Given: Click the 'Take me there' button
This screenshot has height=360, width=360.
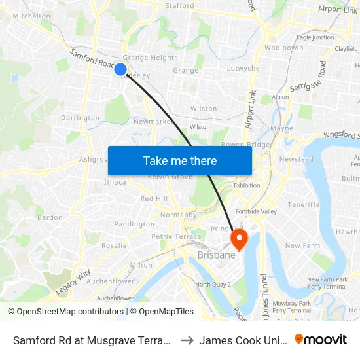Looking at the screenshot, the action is point(180,161).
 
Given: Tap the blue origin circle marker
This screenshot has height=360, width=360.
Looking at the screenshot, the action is point(120,69).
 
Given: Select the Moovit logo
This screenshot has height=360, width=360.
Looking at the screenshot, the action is point(321,339).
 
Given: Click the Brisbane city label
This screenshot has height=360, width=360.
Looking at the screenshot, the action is point(216,255).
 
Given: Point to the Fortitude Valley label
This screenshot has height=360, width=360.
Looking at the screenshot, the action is point(257,210).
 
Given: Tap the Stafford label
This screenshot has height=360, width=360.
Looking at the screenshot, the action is point(179,6).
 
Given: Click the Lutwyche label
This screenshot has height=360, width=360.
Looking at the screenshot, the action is point(243,69).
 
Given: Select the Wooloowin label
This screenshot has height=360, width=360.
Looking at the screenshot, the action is point(284,48).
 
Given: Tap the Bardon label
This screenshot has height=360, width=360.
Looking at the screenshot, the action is point(50,217).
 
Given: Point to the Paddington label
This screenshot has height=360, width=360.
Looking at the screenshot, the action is point(134,224).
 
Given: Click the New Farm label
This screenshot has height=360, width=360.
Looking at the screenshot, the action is point(302,246).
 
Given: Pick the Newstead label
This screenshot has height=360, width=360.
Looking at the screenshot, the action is point(296,159).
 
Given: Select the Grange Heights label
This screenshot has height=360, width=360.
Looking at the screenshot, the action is point(150,58).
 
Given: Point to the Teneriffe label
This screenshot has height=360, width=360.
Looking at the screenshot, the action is point(304,204).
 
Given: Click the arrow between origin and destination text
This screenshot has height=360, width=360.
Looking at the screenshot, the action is point(187,340).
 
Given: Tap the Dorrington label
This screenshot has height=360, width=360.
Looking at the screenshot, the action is point(80,118).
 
